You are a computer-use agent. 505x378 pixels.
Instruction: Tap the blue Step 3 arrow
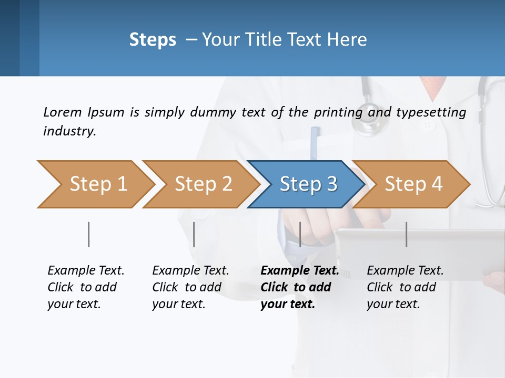[308, 184]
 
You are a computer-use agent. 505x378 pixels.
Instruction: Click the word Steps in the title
[153, 40]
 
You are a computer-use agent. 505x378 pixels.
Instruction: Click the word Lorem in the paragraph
[62, 112]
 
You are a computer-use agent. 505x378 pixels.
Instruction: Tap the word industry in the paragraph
[69, 131]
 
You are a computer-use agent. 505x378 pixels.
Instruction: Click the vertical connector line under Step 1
[89, 234]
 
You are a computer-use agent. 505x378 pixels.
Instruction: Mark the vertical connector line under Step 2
[194, 234]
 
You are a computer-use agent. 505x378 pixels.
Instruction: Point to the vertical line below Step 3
[300, 234]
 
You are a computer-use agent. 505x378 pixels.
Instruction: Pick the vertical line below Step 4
[406, 234]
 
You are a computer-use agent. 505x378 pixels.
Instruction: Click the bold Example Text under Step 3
[299, 271]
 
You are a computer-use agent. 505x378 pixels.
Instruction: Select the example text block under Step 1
[86, 287]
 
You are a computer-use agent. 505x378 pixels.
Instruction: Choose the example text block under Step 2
[190, 287]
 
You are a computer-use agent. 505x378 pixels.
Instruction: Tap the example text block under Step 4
[405, 287]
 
